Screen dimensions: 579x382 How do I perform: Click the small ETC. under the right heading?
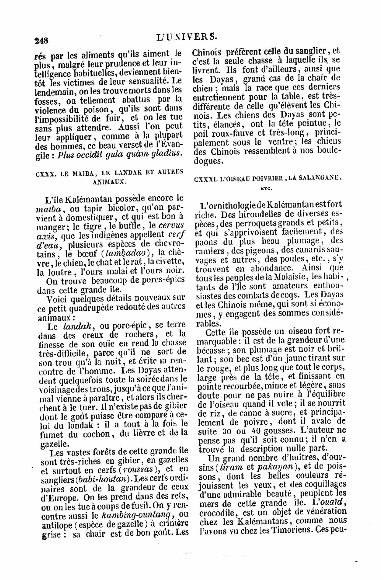coord(265,188)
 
